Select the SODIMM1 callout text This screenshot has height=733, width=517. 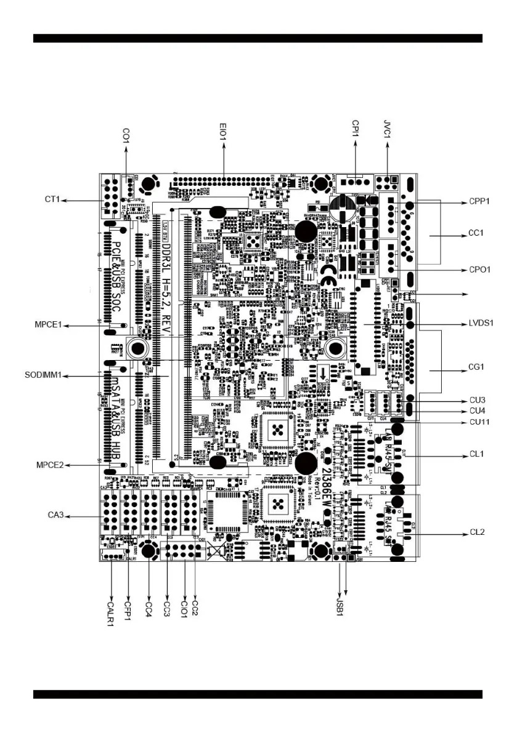[x=41, y=375]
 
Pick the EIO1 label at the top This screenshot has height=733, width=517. [x=224, y=132]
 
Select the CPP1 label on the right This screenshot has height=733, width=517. [x=478, y=202]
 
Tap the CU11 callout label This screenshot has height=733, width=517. [x=479, y=422]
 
